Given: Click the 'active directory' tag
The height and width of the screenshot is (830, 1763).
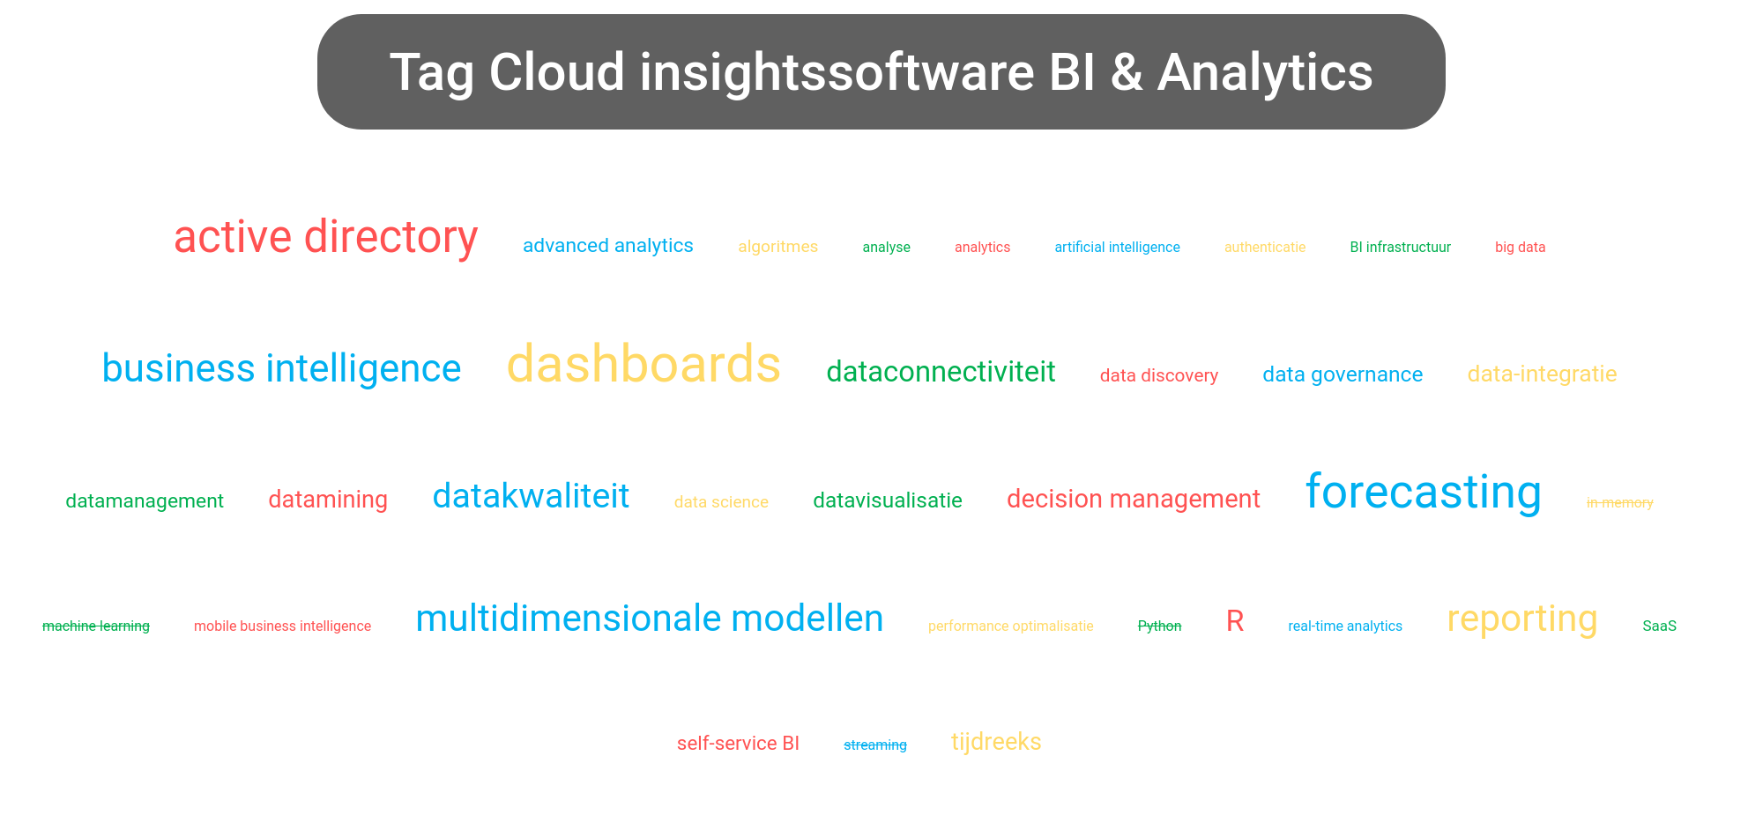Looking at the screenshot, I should (325, 238).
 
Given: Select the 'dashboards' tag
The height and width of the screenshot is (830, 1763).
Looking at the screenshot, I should (643, 365).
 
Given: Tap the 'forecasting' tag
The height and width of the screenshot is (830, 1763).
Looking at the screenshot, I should (1423, 493).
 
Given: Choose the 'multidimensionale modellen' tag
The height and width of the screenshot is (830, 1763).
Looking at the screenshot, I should (649, 619).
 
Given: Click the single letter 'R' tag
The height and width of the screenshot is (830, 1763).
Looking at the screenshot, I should (1235, 622).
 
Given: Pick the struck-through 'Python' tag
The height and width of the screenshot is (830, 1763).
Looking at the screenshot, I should (1159, 626).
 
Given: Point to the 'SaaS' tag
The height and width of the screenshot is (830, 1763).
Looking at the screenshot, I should (1659, 626).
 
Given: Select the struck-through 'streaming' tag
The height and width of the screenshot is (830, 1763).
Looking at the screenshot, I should (874, 745).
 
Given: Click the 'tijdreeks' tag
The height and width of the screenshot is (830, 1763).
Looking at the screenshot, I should (996, 743).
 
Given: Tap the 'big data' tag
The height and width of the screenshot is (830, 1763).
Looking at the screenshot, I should (1520, 248).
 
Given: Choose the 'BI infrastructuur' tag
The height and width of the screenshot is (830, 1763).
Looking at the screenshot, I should (1400, 248).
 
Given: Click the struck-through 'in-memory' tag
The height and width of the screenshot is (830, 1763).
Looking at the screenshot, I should (1619, 503).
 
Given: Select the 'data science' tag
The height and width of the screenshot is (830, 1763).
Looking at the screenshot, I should (721, 502).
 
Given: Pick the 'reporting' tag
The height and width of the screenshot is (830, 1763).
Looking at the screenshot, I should (1521, 619).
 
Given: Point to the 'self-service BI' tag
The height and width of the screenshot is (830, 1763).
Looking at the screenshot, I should (738, 744).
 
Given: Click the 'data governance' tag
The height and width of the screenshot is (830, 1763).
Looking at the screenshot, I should (1343, 375).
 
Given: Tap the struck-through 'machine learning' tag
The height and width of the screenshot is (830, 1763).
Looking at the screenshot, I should (96, 626).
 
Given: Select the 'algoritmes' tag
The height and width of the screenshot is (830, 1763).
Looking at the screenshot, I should (777, 247).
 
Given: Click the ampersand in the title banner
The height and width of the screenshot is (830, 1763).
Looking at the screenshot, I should (1126, 72).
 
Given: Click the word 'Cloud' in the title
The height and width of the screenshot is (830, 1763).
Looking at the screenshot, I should (557, 72).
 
